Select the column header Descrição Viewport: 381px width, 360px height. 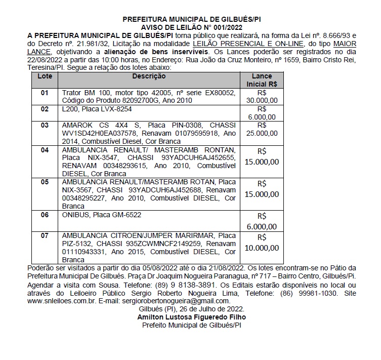[x=149, y=76]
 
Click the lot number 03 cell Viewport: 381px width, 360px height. [x=45, y=125]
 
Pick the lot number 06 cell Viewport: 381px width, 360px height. [x=45, y=215]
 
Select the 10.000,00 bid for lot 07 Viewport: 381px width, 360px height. [x=262, y=249]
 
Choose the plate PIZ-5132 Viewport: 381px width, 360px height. [x=77, y=244]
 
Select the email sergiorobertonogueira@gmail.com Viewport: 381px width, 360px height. [x=175, y=300]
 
